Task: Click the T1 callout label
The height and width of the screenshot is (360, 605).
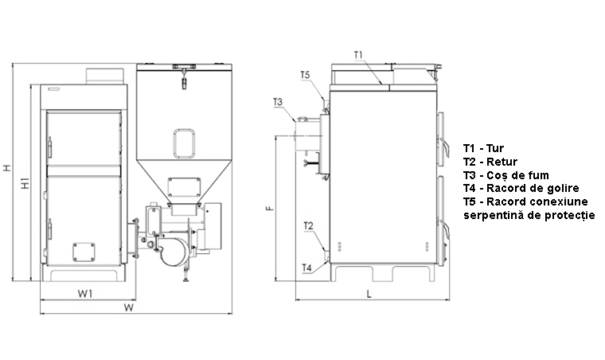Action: tap(358, 55)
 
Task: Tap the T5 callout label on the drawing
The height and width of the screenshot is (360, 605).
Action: tap(305, 75)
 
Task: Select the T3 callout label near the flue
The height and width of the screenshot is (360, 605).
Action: tap(278, 102)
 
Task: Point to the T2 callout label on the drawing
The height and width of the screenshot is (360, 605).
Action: tap(308, 226)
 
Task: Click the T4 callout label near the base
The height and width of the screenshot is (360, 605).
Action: tap(306, 268)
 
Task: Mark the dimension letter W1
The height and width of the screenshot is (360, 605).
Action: tap(85, 294)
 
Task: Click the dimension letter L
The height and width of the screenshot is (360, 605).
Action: tap(369, 295)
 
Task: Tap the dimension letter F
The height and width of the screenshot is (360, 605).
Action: tap(270, 209)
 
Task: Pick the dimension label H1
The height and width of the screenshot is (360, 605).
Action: tap(25, 183)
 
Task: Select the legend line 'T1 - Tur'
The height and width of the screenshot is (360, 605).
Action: tap(483, 148)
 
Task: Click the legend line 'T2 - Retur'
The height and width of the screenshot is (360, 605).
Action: tap(490, 162)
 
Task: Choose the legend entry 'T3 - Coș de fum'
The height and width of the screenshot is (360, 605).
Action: tap(505, 175)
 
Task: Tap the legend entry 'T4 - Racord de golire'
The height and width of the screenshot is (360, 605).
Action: tap(521, 188)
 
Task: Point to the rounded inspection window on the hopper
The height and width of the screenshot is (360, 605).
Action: tap(184, 143)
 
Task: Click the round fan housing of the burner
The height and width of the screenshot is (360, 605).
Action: tap(175, 251)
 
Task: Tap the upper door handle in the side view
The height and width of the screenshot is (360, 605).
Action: tap(444, 147)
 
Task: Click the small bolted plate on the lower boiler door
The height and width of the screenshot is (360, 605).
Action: tap(84, 252)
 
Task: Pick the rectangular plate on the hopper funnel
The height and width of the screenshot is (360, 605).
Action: tap(184, 187)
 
